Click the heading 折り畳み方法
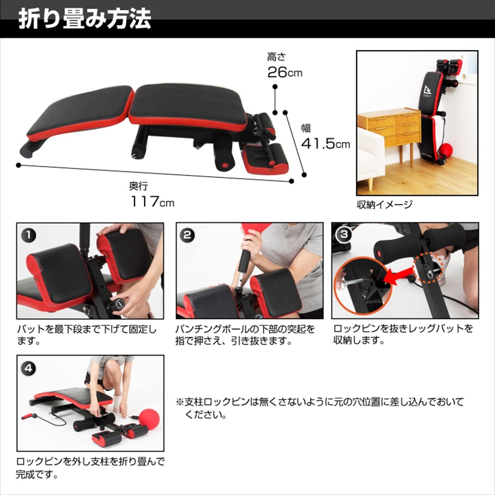pos(84,19)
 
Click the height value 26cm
pos(285,73)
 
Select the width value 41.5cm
pos(325,143)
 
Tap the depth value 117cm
pos(152,202)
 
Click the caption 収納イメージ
pos(385,205)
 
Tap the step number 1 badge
pos(28,235)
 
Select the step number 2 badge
pos(187,235)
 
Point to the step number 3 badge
pos(344,234)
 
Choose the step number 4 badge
pos(28,368)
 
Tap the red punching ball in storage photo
pos(445,151)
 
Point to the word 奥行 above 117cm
pos(138,186)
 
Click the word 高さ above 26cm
pos(276,57)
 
